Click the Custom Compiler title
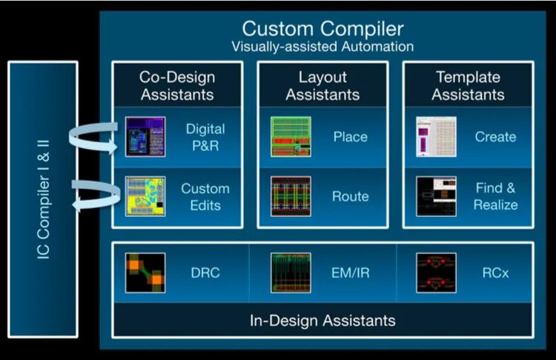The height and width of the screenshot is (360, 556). tap(322, 30)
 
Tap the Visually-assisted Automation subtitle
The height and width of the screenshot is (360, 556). tap(322, 47)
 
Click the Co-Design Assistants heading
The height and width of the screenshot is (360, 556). tap(176, 85)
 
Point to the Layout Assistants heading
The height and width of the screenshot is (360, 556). tap(322, 85)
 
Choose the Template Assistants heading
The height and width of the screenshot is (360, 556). tap(468, 85)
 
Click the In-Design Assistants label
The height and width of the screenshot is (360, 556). tap(322, 321)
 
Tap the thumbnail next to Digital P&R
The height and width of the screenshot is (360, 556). tap(145, 137)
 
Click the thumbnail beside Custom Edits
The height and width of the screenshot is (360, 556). tap(145, 196)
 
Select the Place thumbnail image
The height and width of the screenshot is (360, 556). tap(291, 137)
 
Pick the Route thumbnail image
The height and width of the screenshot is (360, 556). tap(291, 196)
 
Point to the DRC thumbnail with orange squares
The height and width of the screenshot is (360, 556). tap(145, 272)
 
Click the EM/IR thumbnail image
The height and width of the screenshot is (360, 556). tap(291, 272)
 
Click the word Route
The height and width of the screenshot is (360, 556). tap(351, 196)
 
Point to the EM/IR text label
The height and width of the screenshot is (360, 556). tap(350, 273)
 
